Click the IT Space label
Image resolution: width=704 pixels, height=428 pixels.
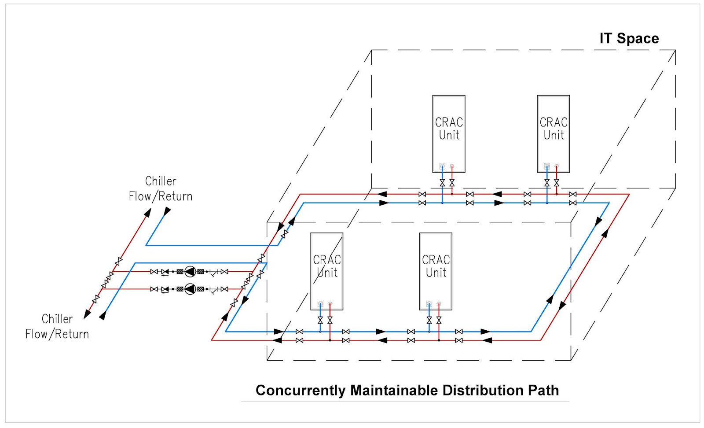pos(629,39)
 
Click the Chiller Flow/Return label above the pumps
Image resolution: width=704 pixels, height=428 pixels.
pos(161,188)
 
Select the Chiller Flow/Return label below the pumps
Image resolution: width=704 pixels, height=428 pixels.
pos(57,326)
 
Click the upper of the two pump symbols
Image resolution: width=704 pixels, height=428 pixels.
pos(190,272)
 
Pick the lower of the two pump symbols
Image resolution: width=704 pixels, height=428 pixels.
pos(190,289)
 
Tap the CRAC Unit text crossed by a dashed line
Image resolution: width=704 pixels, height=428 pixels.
pos(327,266)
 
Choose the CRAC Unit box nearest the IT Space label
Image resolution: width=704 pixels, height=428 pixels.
pos(554,133)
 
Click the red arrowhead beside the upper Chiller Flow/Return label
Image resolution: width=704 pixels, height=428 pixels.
pos(147,213)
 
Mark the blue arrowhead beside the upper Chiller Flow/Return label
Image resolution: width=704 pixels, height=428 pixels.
pos(167,212)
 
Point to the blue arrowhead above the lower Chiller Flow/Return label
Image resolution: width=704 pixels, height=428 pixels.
pos(103,315)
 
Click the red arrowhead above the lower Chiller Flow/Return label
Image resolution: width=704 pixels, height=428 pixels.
pos(88,314)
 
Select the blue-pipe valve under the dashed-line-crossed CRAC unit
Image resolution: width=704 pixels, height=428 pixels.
pos(320,320)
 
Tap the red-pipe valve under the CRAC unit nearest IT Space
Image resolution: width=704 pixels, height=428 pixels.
pos(557,182)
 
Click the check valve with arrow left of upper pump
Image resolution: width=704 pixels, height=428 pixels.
pos(165,272)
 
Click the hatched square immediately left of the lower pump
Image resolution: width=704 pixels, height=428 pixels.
pos(180,289)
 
